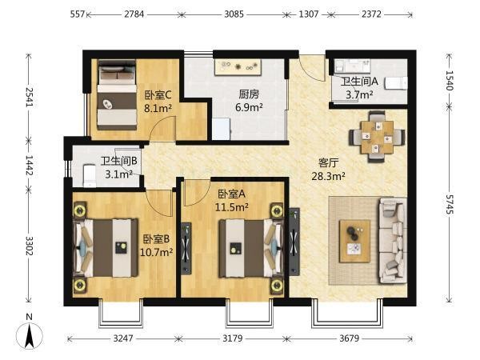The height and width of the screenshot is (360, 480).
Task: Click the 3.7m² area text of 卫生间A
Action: click(x=359, y=94)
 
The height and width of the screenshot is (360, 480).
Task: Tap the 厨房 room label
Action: click(x=249, y=94)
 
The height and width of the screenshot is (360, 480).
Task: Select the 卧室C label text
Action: click(x=158, y=95)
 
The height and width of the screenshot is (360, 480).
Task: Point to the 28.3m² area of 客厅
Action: click(x=329, y=176)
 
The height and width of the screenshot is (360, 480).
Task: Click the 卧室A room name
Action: click(x=231, y=194)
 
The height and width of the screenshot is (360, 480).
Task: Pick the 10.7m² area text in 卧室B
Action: click(x=156, y=252)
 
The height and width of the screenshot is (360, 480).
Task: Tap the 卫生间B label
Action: click(x=119, y=161)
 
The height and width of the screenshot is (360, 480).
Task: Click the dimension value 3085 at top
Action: click(x=234, y=14)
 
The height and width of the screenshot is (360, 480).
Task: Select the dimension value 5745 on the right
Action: click(x=449, y=204)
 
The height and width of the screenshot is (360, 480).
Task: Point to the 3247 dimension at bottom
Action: click(x=123, y=338)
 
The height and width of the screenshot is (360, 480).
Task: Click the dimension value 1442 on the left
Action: click(x=29, y=166)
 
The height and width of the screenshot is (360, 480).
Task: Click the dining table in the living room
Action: click(x=377, y=137)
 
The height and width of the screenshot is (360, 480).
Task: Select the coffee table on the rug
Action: click(x=354, y=241)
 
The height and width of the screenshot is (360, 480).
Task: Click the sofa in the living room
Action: click(x=393, y=241)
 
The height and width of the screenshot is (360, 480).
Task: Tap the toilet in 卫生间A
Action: click(x=396, y=82)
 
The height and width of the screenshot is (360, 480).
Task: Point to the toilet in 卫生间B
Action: click(x=90, y=176)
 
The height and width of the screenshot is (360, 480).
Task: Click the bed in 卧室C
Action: click(x=117, y=95)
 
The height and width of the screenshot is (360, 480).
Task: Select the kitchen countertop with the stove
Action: click(x=238, y=67)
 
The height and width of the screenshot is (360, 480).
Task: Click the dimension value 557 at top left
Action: click(x=77, y=14)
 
